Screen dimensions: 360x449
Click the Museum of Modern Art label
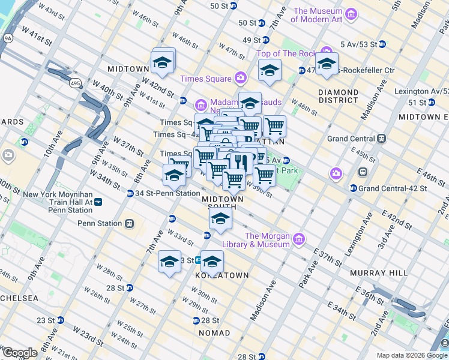[x=317, y=15]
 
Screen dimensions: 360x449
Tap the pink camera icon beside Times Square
[x=241, y=77]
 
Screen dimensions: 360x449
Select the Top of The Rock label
[x=286, y=53]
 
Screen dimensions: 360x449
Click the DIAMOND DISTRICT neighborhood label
[x=338, y=96]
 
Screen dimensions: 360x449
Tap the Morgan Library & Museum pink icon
[x=299, y=240]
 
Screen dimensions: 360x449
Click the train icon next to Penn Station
[x=128, y=223]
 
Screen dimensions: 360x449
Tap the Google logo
[x=19, y=353]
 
